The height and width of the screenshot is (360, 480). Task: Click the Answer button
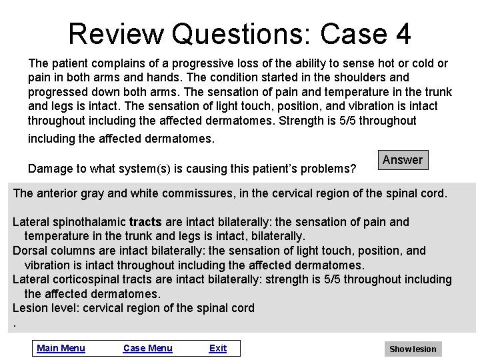pos(402,160)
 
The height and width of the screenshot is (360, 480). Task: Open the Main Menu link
pos(61,348)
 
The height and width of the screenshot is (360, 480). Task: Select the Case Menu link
pos(148,348)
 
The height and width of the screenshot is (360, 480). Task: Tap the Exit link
pos(218,348)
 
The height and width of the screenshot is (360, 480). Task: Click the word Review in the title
pos(115,33)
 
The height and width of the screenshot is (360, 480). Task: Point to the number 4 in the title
pos(403,33)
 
